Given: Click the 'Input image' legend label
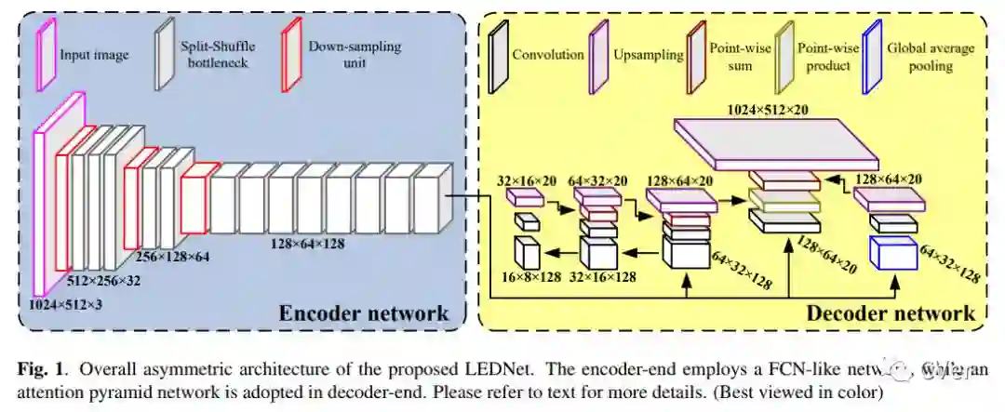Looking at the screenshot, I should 94,55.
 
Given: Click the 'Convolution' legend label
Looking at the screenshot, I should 548,54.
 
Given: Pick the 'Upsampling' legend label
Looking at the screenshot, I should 644,54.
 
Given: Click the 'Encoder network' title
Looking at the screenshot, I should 364,312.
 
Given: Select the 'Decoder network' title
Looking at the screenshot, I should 891,312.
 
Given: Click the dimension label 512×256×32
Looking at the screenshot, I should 104,280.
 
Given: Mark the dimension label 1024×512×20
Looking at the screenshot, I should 767,110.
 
